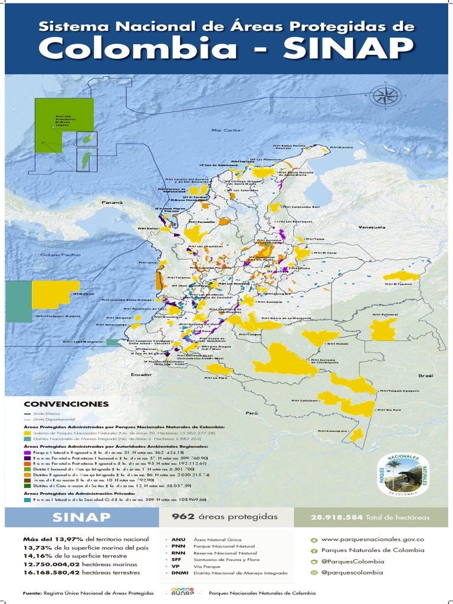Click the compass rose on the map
click(385, 96)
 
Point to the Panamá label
click(112, 202)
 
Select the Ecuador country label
click(142, 375)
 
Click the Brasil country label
click(425, 375)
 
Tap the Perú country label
click(252, 413)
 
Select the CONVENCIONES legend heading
click(66, 404)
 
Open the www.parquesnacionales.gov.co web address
click(372, 539)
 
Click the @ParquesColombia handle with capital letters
click(353, 561)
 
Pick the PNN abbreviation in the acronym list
click(179, 547)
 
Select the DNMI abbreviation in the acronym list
click(180, 573)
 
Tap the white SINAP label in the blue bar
click(81, 517)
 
